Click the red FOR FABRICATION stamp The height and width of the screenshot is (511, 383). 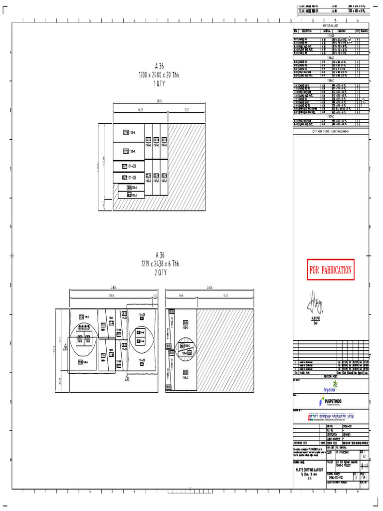pos(331,270)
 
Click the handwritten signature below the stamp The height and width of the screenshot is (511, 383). pos(316,301)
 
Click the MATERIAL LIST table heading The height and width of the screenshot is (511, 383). pos(330,25)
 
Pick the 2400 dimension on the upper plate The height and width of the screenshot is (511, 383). pos(159,101)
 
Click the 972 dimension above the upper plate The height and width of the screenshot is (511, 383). pos(186,108)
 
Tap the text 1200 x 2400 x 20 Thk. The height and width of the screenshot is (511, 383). pos(159,75)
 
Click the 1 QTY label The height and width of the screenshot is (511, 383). pos(159,84)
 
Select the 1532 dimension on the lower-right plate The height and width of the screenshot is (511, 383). pos(225,295)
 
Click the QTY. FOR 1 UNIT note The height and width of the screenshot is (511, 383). pos(330,131)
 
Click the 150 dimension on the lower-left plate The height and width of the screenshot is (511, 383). pos(155,295)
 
